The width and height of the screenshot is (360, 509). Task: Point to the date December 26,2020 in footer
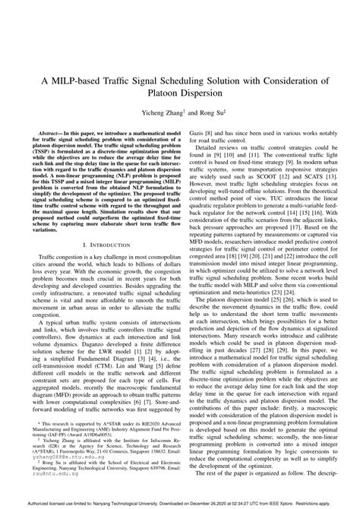click(x=176, y=504)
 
